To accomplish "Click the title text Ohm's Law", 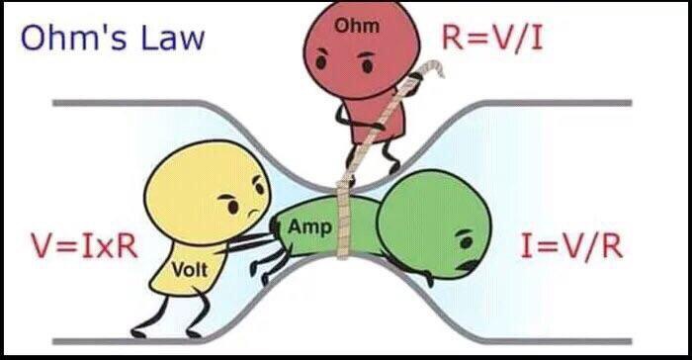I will tap(113, 38).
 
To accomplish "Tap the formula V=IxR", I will tap(84, 244).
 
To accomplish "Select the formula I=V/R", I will tap(570, 244).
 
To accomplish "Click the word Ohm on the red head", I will tap(351, 26).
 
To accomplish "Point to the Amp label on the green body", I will tap(304, 227).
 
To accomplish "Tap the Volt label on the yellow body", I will tap(187, 267).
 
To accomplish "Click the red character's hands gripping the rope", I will tap(394, 94).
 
